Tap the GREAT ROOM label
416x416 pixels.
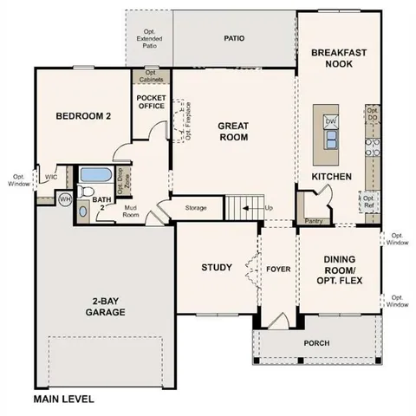pos(233,131)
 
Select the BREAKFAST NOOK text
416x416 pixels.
pos(339,58)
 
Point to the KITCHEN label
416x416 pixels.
pos(332,177)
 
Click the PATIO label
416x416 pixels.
pos(234,38)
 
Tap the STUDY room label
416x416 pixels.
pos(217,267)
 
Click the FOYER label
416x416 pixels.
pos(278,268)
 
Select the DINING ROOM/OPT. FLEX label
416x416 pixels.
pos(339,265)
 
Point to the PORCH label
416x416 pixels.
pos(316,343)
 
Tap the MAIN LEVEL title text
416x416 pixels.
pos(63,400)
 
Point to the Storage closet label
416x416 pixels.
pos(196,208)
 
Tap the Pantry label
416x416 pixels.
pos(315,221)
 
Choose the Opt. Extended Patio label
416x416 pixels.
pos(149,38)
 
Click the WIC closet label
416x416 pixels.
pos(51,175)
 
